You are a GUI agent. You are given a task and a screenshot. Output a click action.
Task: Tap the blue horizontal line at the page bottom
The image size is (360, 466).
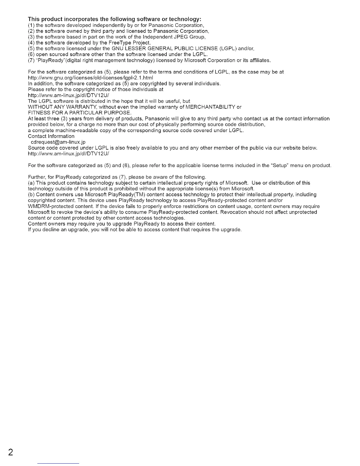point(59,463)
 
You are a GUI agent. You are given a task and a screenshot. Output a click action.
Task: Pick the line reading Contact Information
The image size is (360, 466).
point(51,136)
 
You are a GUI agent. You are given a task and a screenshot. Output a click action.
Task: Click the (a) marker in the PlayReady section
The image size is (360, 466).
point(31,183)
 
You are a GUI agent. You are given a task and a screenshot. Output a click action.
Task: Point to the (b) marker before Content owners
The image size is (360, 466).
point(31,195)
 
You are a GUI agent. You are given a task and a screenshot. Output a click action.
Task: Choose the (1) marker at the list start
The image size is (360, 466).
point(31,25)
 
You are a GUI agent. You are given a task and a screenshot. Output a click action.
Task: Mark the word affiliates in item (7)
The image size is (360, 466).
point(259,61)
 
